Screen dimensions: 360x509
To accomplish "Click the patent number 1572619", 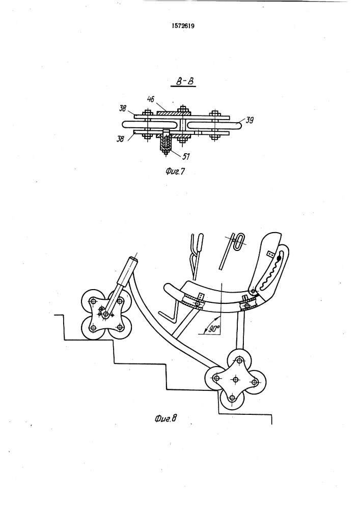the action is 183,26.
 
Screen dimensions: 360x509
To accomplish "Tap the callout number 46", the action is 151,99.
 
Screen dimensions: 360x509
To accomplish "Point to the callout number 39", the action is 250,120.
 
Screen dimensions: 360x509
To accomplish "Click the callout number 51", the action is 186,156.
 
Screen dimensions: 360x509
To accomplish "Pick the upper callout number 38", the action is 122,108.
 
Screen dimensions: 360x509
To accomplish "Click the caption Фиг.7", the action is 175,171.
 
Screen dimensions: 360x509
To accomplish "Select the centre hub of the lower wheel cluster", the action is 235,379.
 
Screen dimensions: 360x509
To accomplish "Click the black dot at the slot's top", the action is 278,259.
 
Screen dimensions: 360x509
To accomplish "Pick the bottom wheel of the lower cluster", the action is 231,398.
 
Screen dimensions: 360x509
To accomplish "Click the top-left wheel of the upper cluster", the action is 93,301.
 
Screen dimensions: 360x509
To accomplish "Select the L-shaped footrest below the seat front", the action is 171,311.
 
